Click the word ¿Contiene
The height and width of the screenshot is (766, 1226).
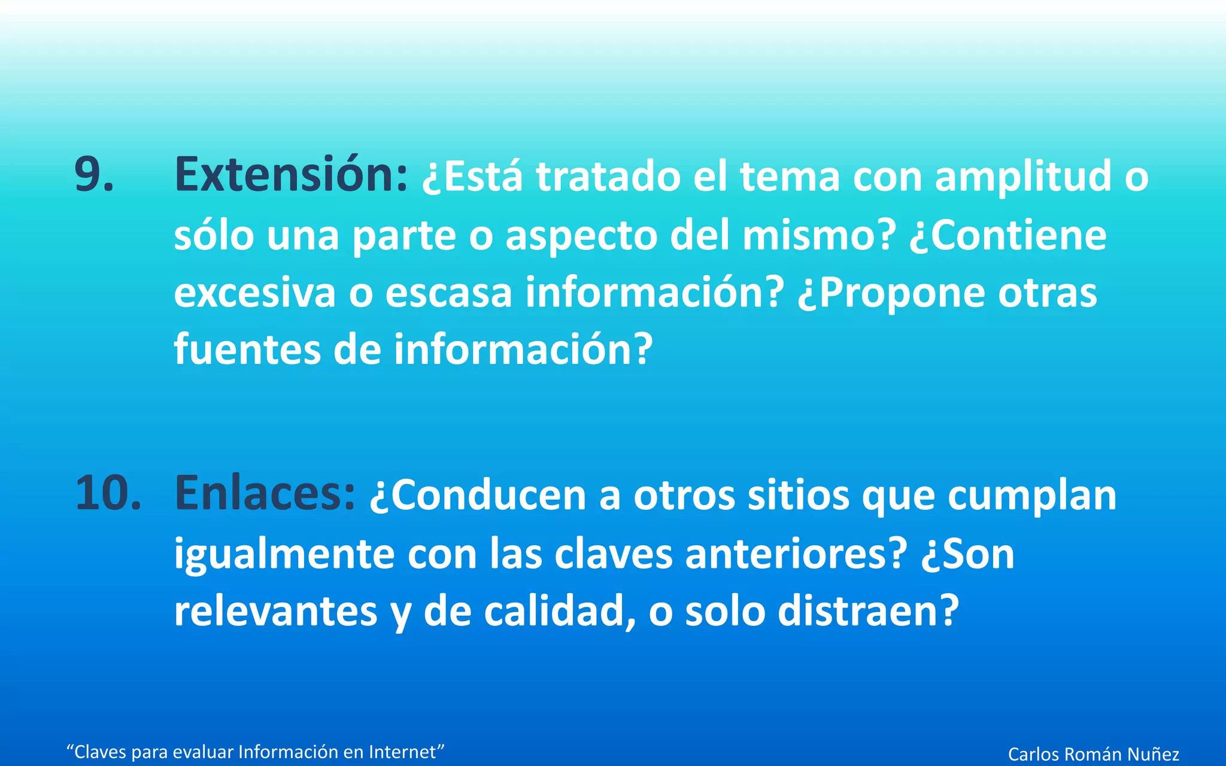coord(1007,236)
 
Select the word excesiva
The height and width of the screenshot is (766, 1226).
coord(255,293)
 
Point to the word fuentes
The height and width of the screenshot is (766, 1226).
coord(247,349)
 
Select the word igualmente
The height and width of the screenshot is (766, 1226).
coord(284,554)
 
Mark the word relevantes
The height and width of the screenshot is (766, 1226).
coord(275,611)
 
